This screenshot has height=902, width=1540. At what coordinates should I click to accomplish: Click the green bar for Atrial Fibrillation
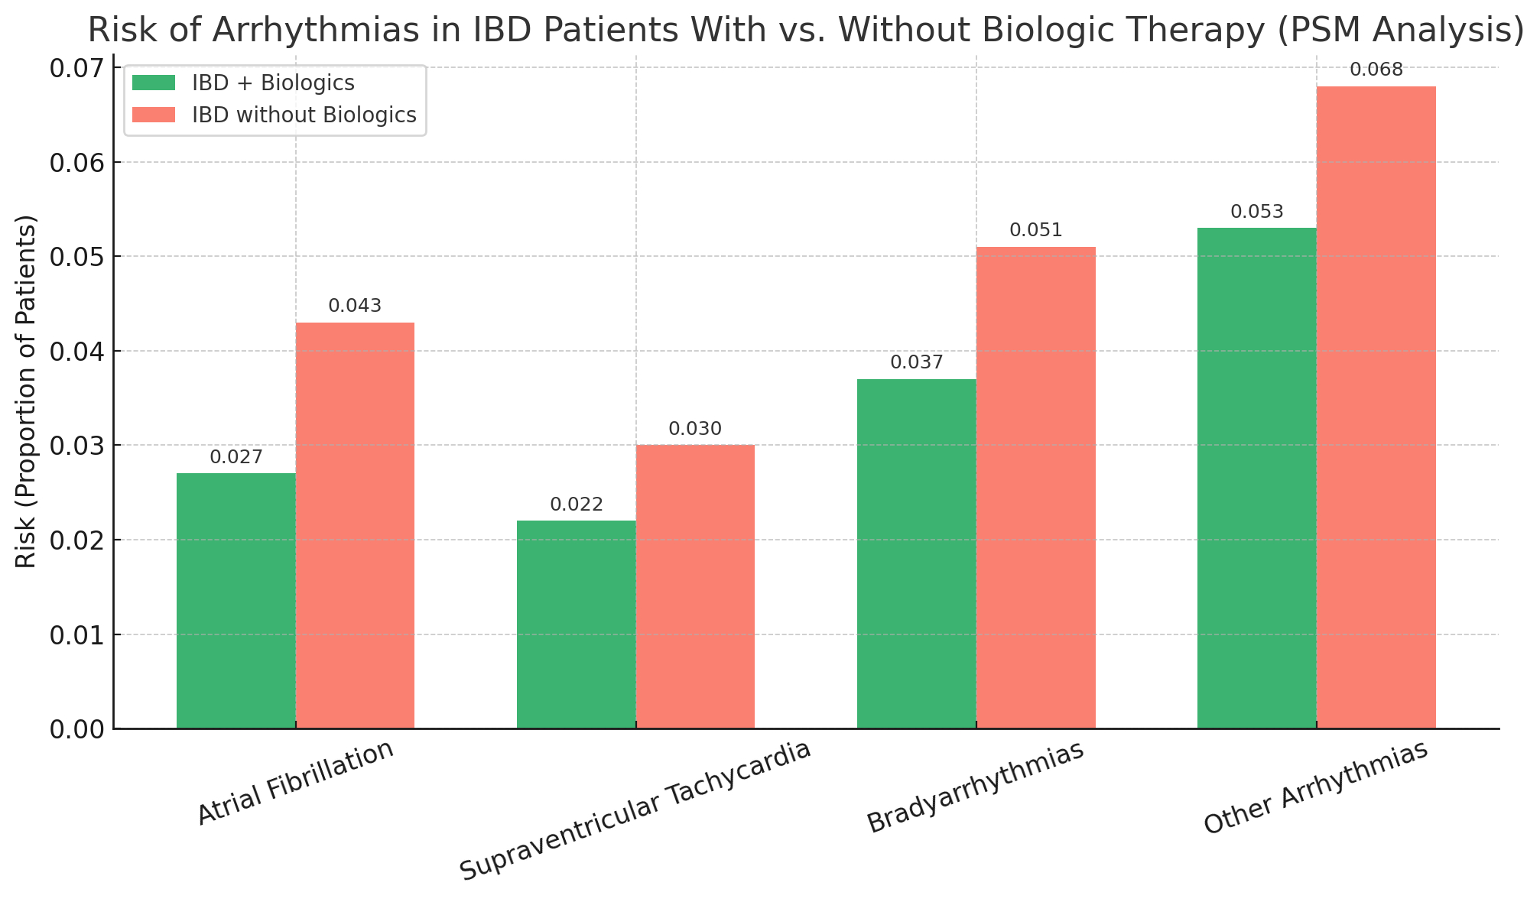tap(236, 601)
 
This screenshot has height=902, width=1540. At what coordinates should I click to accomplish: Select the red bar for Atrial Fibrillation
tap(355, 526)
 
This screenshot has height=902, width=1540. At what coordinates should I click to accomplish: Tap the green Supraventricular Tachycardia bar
tap(576, 625)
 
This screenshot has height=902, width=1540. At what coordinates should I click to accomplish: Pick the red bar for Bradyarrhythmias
tap(1035, 488)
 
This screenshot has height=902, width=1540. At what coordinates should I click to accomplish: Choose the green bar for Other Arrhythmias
tap(1256, 478)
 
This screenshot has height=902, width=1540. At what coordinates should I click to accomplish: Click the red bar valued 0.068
tap(1376, 407)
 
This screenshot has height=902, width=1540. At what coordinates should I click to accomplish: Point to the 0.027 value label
tap(236, 458)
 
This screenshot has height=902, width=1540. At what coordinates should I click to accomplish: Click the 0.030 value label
tap(695, 430)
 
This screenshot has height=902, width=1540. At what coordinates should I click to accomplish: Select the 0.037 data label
tap(917, 363)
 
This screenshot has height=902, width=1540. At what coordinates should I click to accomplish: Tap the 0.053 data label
tap(1257, 212)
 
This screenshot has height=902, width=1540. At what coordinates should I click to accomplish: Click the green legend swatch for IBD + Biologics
tap(154, 83)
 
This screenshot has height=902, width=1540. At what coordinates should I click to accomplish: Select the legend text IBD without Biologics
tap(304, 115)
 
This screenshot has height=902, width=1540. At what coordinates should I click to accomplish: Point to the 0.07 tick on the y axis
tap(76, 69)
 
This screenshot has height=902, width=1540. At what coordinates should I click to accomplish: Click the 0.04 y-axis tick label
tap(76, 352)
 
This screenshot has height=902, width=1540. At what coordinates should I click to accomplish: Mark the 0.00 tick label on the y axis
tap(76, 729)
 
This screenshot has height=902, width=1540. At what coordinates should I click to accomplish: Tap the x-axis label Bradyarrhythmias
tap(976, 787)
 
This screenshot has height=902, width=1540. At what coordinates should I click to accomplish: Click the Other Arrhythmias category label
tap(1315, 787)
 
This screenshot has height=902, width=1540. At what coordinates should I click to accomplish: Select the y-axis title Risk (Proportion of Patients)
tap(26, 391)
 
